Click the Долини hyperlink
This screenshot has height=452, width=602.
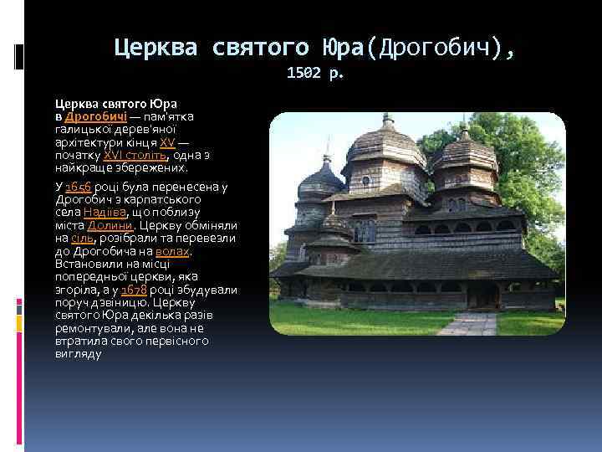point(109,225)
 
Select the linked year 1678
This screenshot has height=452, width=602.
point(134,290)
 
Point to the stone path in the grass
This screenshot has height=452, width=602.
point(468,324)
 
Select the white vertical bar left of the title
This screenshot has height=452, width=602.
point(18,55)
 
